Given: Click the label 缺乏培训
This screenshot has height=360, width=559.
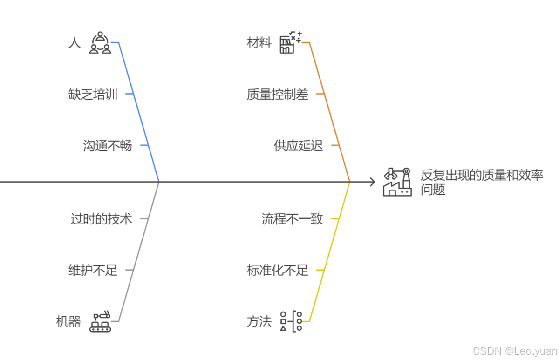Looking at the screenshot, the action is (x=93, y=95).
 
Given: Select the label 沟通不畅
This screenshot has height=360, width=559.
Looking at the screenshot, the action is (x=108, y=146).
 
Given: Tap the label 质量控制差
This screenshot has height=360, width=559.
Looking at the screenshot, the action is (x=277, y=95).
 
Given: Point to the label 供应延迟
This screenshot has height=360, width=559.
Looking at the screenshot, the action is (x=298, y=146).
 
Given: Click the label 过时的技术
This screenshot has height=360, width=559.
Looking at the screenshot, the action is (x=101, y=218).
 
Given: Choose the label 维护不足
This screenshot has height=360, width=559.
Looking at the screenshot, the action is (x=93, y=270).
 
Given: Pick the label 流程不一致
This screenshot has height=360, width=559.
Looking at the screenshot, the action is (x=292, y=218).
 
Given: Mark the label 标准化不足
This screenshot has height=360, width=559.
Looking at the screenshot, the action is (x=277, y=270).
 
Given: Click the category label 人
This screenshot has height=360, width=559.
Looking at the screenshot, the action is (x=74, y=43).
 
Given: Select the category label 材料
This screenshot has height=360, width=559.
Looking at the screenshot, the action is (x=259, y=43).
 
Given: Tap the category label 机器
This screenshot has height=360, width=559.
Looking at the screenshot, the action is (x=68, y=321).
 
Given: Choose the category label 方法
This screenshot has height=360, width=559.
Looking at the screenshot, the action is (x=259, y=321).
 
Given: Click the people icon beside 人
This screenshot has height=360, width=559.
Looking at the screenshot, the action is (x=100, y=43).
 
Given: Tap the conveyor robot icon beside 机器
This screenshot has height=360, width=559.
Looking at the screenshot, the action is (x=101, y=321).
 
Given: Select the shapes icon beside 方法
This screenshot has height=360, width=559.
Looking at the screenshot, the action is (x=291, y=321).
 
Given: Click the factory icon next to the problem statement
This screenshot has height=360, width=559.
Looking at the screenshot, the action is (x=397, y=182).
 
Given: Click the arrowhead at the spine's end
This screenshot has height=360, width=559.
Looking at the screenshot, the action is (x=372, y=182).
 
